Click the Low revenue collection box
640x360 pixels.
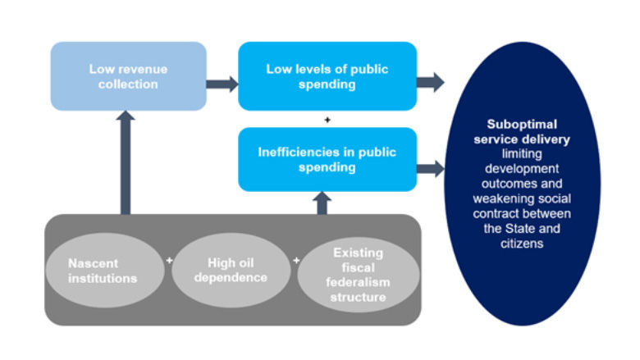(x=128, y=76)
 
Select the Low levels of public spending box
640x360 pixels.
(x=327, y=76)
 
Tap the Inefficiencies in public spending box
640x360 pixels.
(x=327, y=159)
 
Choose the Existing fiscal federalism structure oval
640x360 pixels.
(x=353, y=276)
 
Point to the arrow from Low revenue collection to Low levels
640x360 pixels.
(x=222, y=83)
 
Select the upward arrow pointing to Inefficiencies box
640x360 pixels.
(x=322, y=203)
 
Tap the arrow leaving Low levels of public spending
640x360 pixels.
(x=430, y=82)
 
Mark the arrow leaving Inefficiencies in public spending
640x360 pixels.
(x=430, y=169)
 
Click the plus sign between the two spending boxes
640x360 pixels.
(x=327, y=120)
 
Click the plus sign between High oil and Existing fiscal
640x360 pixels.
(x=295, y=261)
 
